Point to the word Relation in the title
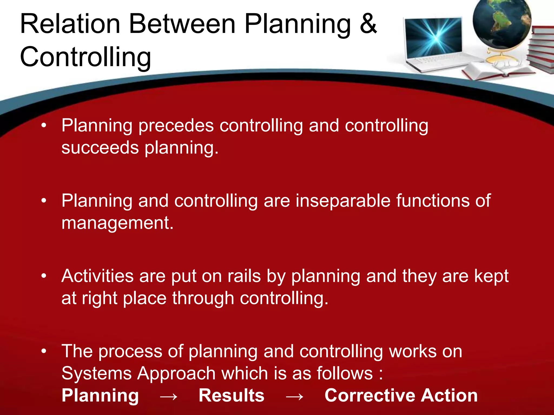[70, 24]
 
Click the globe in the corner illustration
[502, 23]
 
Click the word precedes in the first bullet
[176, 126]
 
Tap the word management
[117, 223]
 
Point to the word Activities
[97, 276]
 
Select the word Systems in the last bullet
[96, 374]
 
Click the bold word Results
[231, 396]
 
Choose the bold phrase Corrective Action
[401, 396]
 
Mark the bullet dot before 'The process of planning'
[44, 351]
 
